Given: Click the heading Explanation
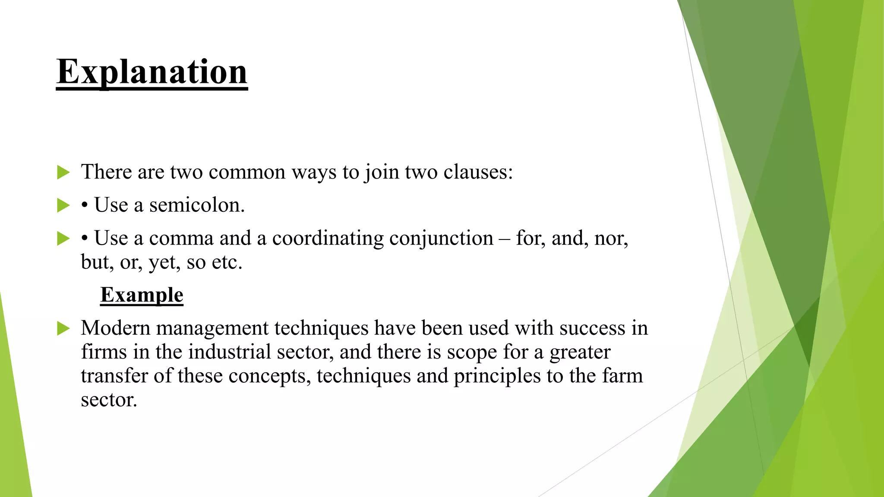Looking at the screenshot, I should coord(152,72).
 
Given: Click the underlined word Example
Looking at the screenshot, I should coord(142,295).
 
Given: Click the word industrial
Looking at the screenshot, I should coord(229,352).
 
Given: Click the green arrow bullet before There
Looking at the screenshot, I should coord(63,173).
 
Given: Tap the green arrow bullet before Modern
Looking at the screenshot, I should coord(63,329).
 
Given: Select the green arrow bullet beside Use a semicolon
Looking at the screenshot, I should coord(63,206).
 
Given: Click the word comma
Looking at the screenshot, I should coord(181,239).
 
